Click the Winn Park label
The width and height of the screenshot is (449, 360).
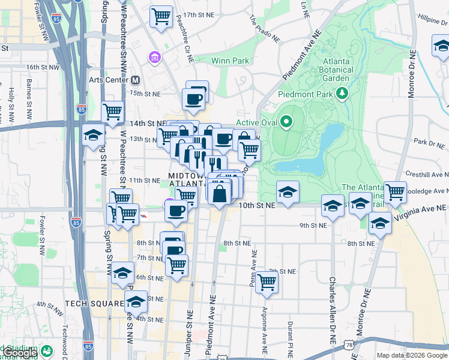230,61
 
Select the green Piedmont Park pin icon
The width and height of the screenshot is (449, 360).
342,93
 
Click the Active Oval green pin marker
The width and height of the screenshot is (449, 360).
286,122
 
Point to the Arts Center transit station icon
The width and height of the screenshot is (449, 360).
136,80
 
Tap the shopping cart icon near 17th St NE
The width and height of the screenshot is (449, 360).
161,17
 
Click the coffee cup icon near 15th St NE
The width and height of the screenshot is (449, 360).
194,100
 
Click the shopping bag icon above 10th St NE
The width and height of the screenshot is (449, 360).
221,193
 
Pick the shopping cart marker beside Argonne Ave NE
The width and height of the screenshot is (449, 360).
267,281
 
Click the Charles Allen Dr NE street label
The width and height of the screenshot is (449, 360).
331,308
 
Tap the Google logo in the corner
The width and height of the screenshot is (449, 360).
19,353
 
